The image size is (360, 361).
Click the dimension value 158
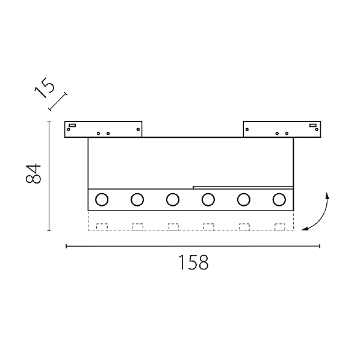pyautogui.click(x=193, y=262)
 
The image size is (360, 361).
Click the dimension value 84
pyautogui.click(x=33, y=173)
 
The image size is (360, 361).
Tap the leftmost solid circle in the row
pyautogui.click(x=102, y=199)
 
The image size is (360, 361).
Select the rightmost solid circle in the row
pyautogui.click(x=279, y=199)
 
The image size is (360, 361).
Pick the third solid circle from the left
pyautogui.click(x=173, y=199)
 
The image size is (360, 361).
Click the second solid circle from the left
pyautogui.click(x=137, y=199)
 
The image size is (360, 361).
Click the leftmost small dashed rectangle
pyautogui.click(x=102, y=227)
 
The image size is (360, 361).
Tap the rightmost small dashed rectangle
pyautogui.click(x=279, y=227)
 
